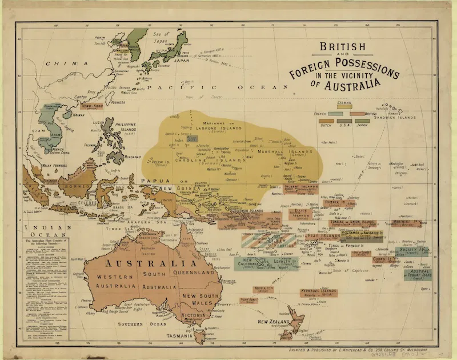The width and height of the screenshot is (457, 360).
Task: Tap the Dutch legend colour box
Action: [x=327, y=122]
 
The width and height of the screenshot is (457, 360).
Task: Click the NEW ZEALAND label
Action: [x=273, y=323]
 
